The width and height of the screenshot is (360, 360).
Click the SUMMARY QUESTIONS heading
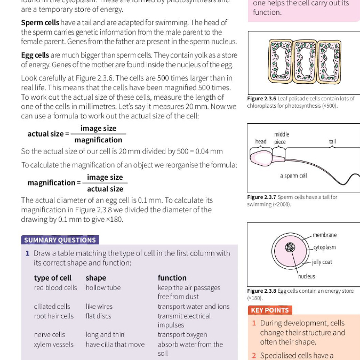click(60, 240)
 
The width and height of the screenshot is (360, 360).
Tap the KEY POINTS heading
click(269, 310)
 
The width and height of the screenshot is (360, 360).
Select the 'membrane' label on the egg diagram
click(324, 235)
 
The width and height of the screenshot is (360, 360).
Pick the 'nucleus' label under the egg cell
click(306, 276)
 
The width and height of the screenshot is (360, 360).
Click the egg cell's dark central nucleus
click(290, 247)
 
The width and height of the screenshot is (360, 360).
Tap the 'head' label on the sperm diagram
click(261, 142)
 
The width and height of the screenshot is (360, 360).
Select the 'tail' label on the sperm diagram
click(332, 142)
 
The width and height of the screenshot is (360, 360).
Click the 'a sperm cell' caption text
click(293, 176)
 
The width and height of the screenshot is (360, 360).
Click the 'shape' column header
click(95, 278)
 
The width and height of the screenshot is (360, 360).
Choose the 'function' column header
click(172, 278)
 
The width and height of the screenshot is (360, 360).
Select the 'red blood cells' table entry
click(55, 287)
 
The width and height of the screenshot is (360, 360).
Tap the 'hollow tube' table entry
click(103, 287)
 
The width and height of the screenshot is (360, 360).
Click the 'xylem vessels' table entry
click(54, 345)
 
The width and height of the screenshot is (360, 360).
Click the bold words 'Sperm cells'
click(40, 22)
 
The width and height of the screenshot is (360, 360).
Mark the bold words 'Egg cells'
click(35, 55)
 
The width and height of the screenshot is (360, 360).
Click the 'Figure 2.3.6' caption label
click(262, 99)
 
